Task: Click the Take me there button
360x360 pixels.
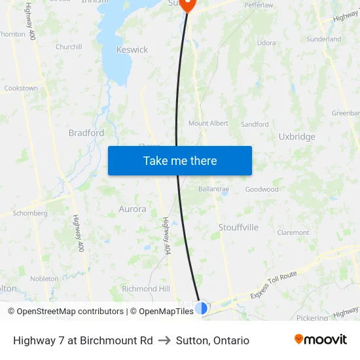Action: pyautogui.click(x=180, y=161)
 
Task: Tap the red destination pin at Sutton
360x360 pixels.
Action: pyautogui.click(x=188, y=5)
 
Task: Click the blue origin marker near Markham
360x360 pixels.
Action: pyautogui.click(x=202, y=307)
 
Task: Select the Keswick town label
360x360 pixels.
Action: pyautogui.click(x=132, y=50)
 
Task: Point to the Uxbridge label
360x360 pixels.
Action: pyautogui.click(x=297, y=137)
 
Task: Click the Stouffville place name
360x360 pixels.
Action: pyautogui.click(x=238, y=227)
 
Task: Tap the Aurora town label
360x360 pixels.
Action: pyautogui.click(x=132, y=209)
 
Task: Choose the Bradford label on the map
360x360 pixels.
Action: pyautogui.click(x=86, y=133)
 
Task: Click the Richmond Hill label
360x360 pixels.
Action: pyautogui.click(x=146, y=289)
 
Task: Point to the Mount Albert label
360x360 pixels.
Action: pyautogui.click(x=208, y=123)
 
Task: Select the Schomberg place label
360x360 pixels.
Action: pyautogui.click(x=30, y=213)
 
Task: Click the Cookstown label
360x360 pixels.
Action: pyautogui.click(x=21, y=88)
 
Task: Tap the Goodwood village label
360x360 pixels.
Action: pyautogui.click(x=262, y=189)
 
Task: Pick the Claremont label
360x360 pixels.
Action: pyautogui.click(x=293, y=232)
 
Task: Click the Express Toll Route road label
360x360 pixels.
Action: pyautogui.click(x=274, y=283)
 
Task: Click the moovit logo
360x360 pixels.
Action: pyautogui.click(x=321, y=340)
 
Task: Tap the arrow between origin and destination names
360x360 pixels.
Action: pyautogui.click(x=164, y=340)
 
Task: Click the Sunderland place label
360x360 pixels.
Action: pyautogui.click(x=324, y=39)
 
